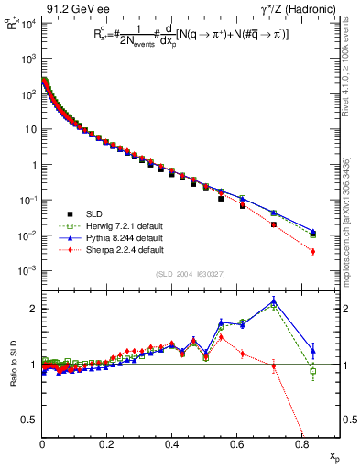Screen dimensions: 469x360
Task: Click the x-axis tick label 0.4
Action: point(172,444)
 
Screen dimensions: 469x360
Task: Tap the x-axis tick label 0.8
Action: point(302,444)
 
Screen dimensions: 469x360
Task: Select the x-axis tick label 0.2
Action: point(107,444)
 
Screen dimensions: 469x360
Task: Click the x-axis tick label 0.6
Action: point(237,444)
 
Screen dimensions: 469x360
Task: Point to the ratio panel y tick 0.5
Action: point(32,420)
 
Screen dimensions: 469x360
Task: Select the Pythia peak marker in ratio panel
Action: point(274,301)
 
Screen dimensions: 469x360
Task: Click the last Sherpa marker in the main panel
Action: point(313,251)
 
